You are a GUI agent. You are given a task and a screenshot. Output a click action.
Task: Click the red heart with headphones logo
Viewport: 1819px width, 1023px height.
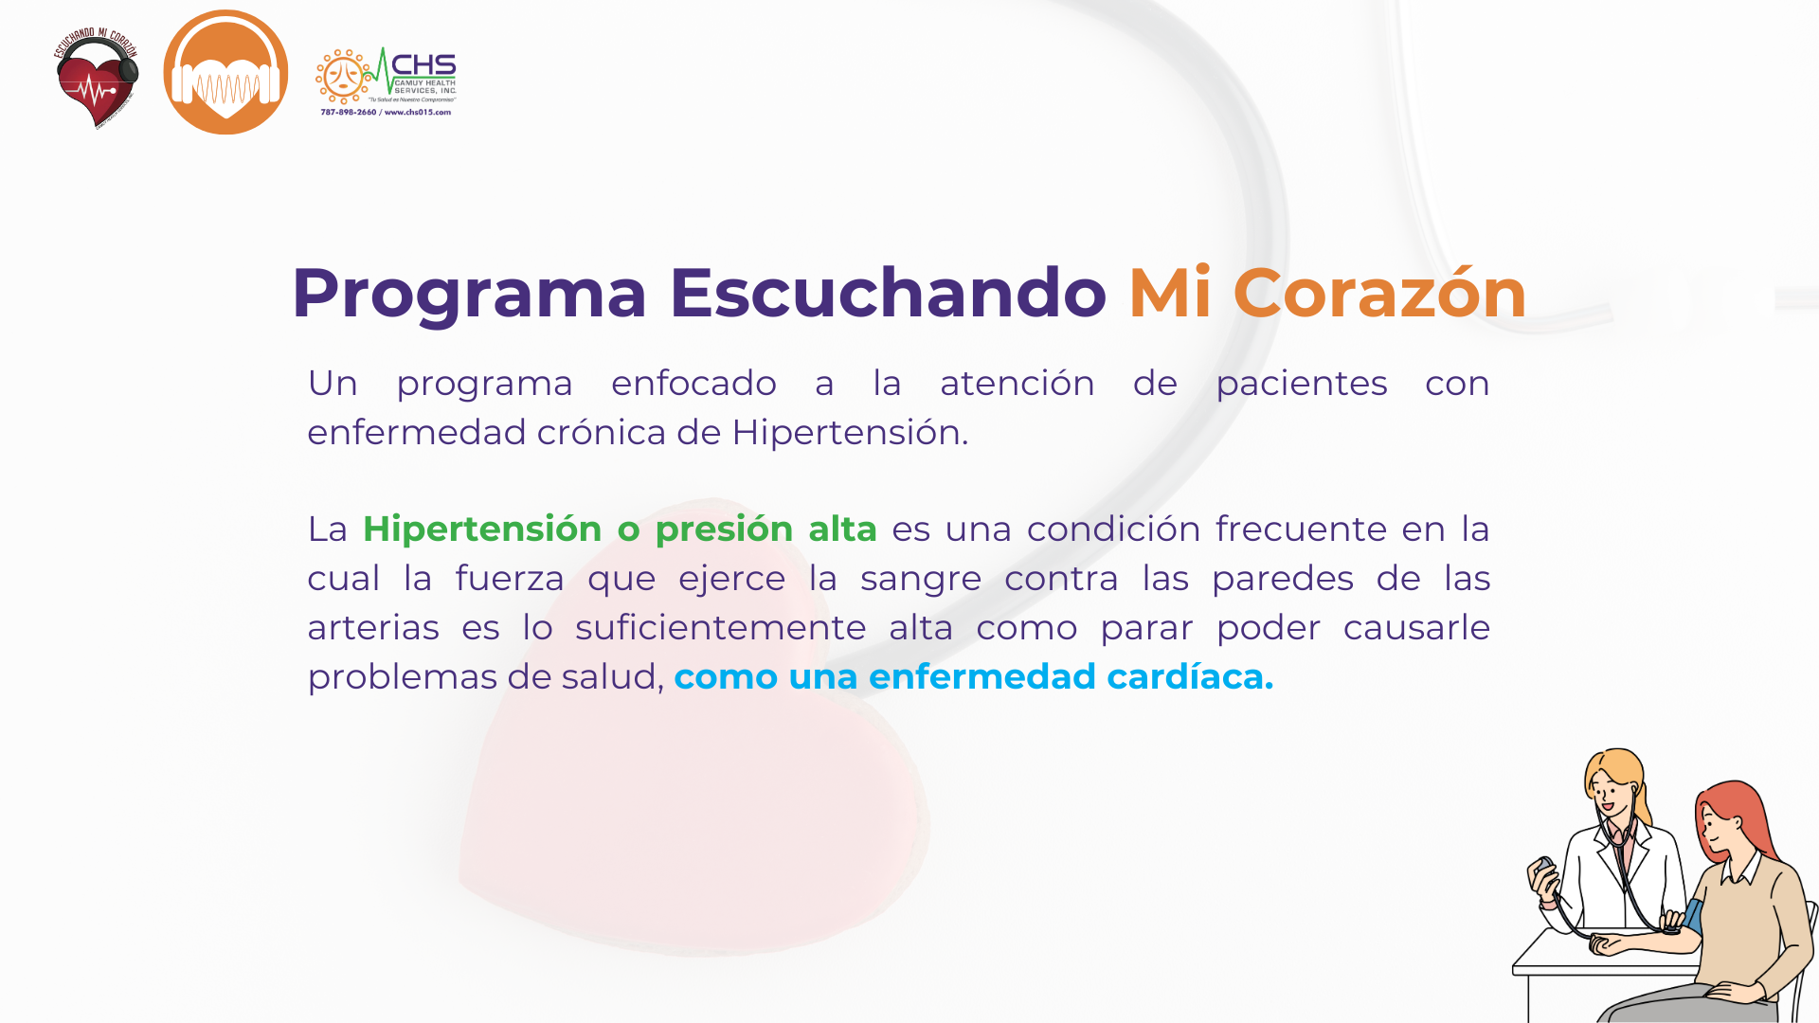[97, 79]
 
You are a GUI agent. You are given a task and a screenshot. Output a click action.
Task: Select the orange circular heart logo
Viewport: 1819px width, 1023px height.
[225, 72]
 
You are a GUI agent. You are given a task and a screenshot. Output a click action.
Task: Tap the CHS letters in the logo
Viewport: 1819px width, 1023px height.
[423, 65]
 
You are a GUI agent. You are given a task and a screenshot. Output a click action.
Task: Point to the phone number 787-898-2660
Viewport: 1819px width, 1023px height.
[349, 112]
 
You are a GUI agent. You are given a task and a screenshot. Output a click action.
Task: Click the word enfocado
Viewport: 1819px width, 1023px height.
[693, 384]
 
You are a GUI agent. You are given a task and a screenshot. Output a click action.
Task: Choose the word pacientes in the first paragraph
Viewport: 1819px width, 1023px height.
[1302, 385]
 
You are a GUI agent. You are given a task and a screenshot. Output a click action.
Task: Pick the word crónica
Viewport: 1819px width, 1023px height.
[602, 433]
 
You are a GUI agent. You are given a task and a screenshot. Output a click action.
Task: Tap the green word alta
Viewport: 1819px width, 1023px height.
[842, 529]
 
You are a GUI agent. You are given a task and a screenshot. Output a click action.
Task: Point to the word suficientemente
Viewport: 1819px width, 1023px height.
[720, 627]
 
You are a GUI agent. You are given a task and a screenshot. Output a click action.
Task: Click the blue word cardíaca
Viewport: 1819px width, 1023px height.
[1190, 676]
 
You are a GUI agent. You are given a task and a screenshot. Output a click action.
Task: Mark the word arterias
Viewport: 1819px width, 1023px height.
[373, 628]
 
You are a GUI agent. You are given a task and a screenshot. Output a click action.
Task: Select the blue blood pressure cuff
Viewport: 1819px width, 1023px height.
[1693, 916]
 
